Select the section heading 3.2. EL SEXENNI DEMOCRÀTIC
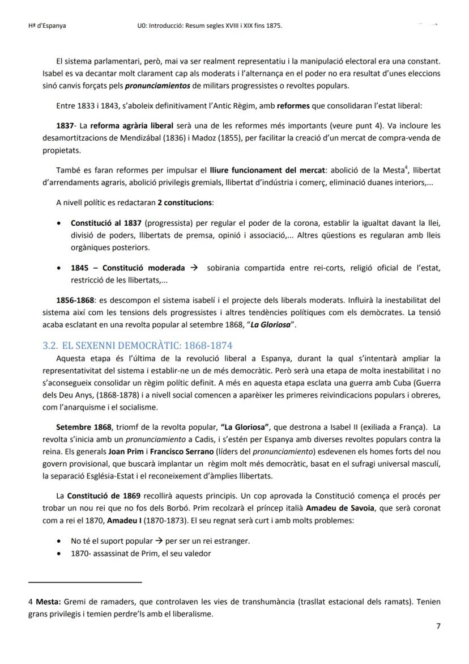tap(138, 345)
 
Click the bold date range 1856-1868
tap(76, 300)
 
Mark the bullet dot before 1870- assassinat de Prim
tap(59, 554)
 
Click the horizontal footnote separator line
tap(84, 582)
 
